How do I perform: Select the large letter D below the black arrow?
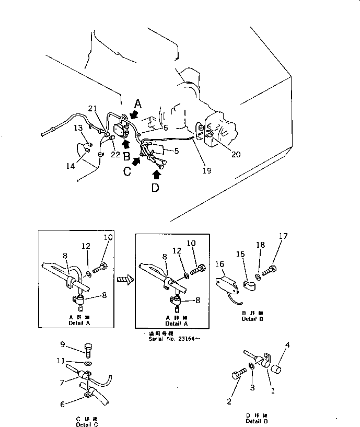click(155, 188)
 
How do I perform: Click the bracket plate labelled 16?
click(225, 283)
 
